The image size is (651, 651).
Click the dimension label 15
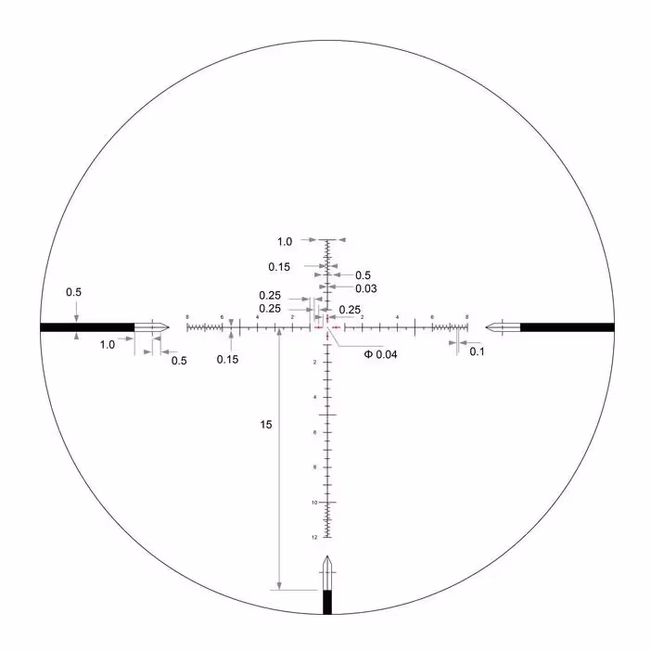266,425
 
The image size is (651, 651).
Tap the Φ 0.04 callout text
380,354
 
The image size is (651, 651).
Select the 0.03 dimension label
365,288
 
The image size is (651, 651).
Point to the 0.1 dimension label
477,351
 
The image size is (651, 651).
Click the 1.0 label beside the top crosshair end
285,241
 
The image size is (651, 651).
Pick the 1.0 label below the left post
108,344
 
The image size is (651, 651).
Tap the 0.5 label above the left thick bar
73,292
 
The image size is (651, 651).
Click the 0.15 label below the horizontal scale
228,360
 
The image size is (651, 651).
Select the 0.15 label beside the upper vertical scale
279,267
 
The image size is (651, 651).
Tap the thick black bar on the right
567,326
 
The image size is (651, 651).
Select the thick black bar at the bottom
326,602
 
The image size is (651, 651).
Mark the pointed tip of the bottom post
326,557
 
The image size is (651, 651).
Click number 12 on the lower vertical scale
315,537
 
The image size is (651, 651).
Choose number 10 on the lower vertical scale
315,502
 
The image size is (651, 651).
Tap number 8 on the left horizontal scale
187,317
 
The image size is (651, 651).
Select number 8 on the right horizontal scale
466,317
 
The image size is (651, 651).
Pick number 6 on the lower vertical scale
315,432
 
